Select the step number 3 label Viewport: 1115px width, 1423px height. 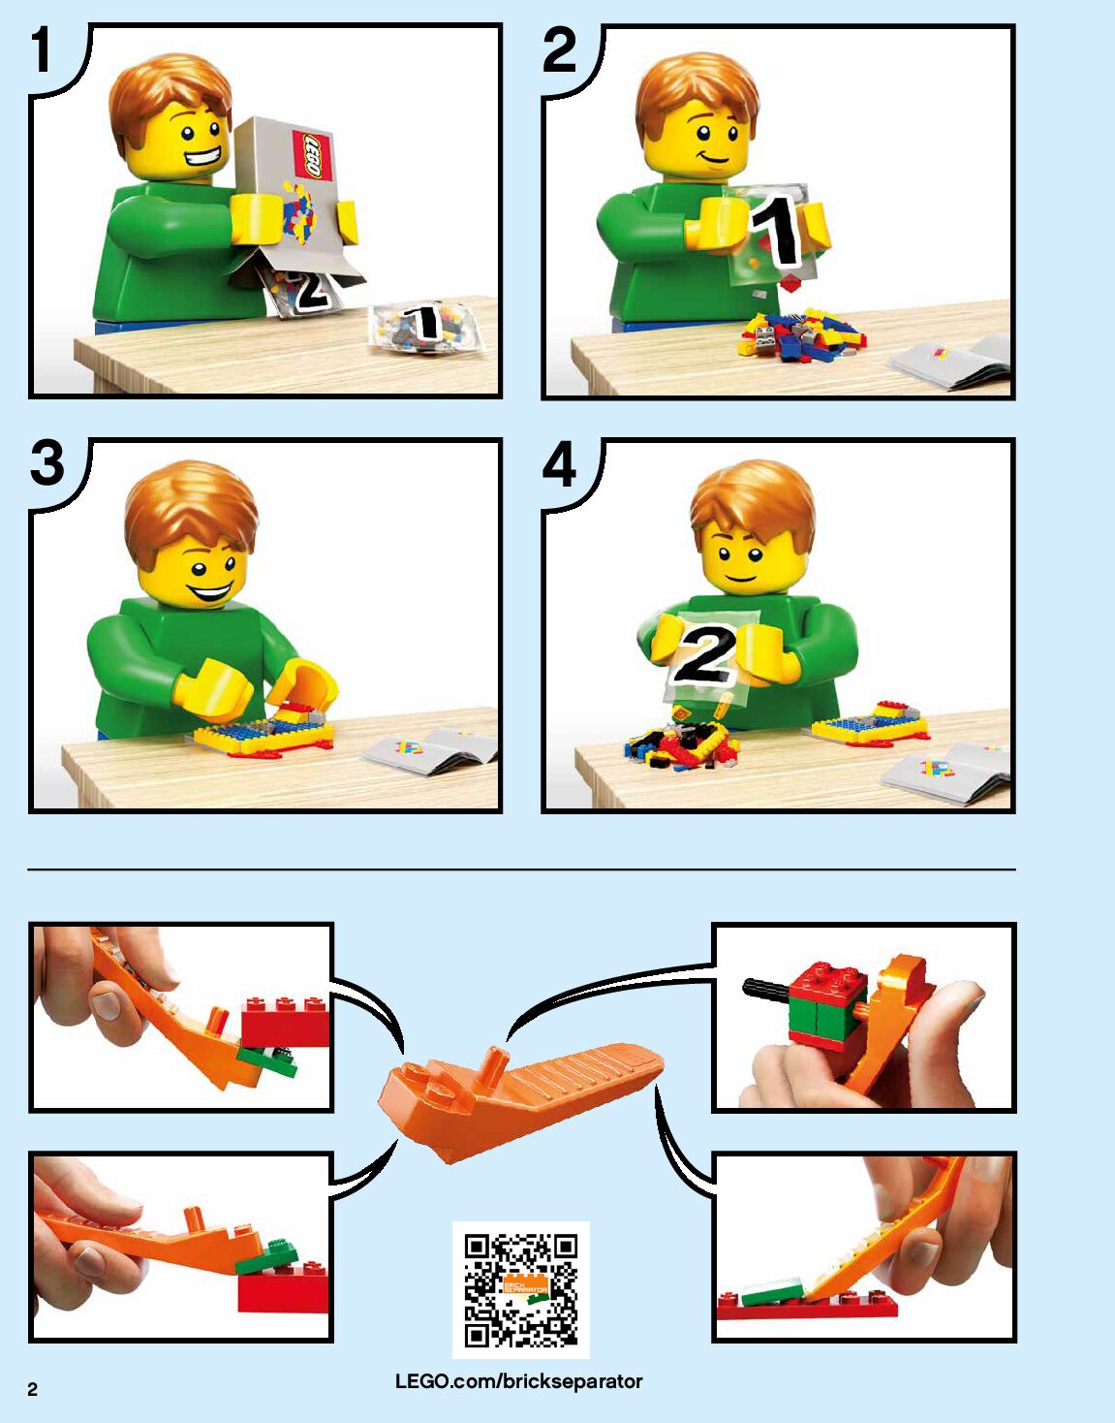47,463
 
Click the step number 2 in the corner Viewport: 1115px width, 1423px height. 560,49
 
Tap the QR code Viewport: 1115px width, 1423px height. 521,1289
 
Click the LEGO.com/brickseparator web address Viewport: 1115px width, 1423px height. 519,1381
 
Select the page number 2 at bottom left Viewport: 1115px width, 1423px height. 33,1390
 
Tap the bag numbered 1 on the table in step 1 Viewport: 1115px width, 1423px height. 425,328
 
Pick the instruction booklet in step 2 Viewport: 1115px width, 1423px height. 948,363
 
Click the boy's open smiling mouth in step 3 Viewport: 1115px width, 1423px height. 211,591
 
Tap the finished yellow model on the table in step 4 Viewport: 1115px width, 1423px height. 870,722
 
